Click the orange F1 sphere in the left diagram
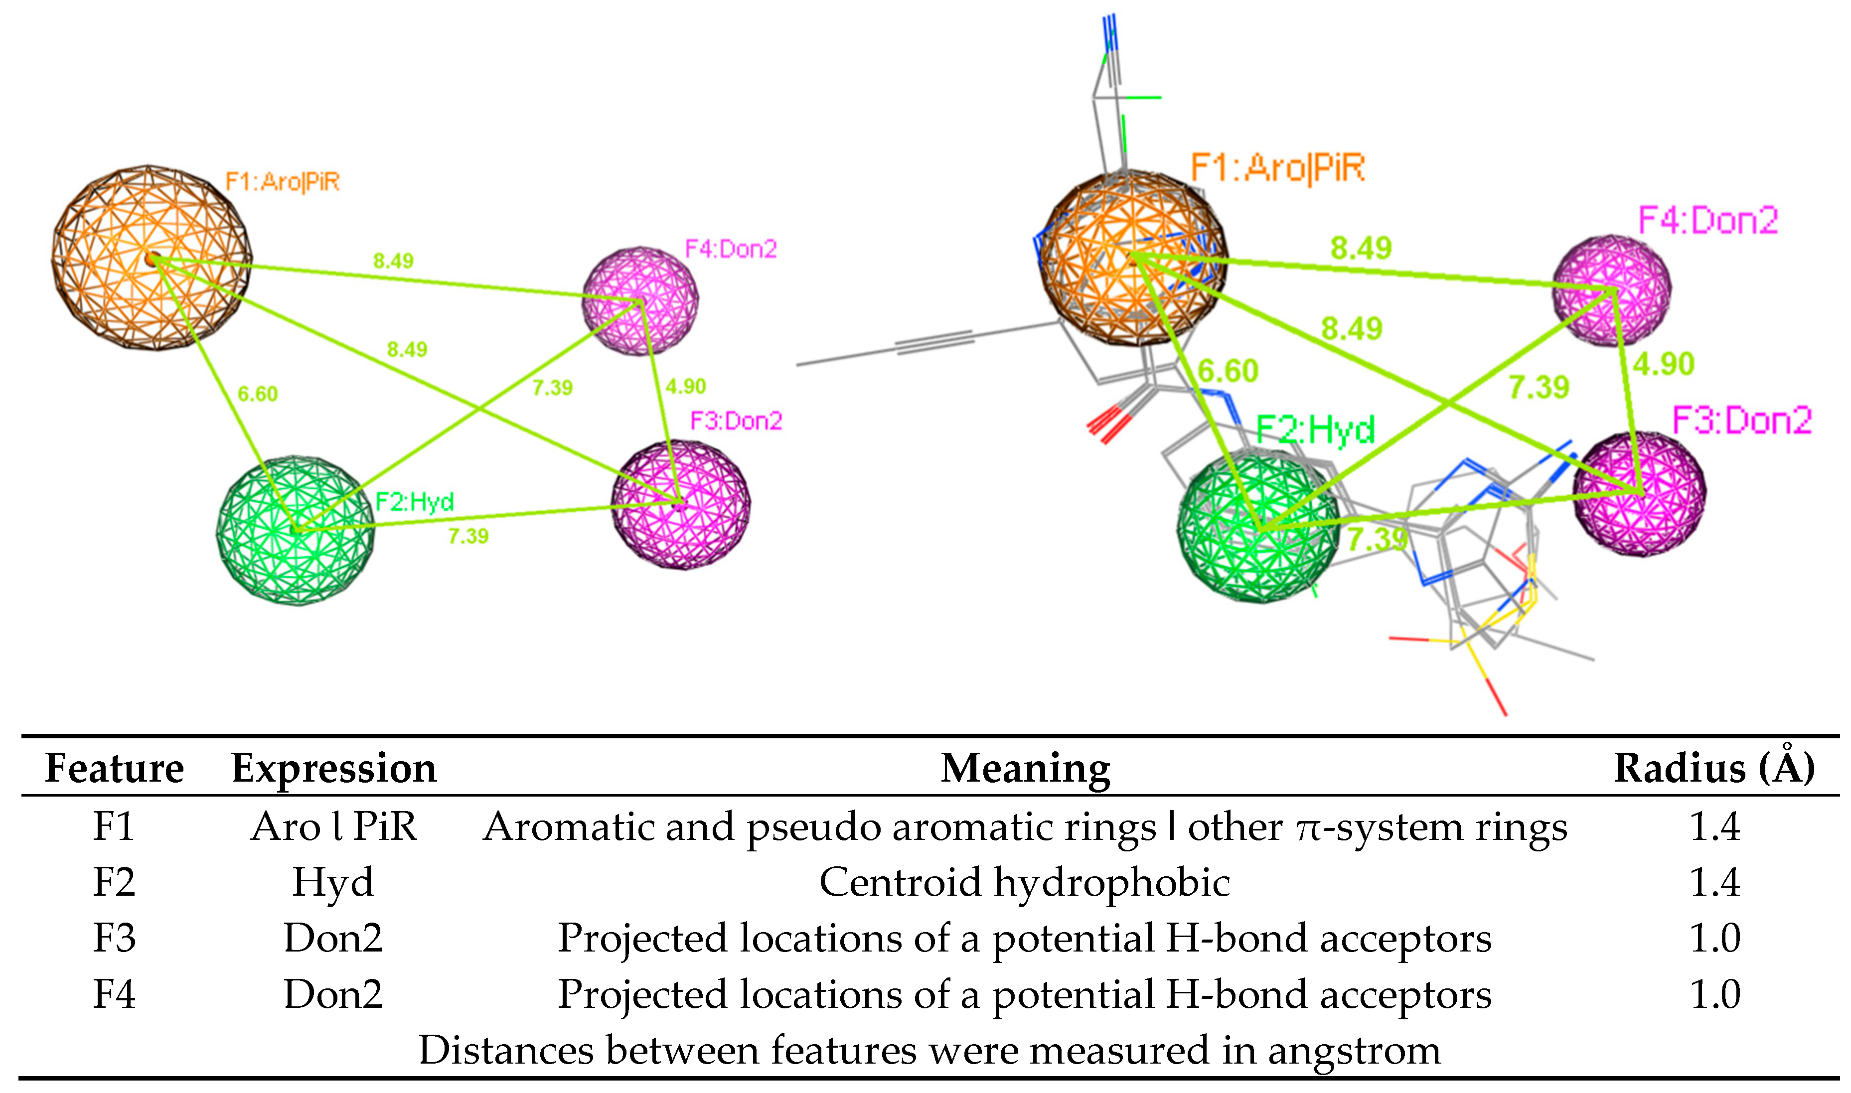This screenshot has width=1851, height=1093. (151, 258)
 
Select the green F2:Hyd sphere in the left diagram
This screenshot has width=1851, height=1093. (295, 530)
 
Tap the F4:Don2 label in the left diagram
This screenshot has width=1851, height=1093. (731, 249)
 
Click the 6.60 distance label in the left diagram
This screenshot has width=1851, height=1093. (257, 394)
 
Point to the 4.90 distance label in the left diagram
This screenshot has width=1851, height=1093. (685, 386)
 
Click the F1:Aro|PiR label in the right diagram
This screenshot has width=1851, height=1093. (1277, 168)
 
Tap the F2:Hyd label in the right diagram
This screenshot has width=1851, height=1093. (1315, 429)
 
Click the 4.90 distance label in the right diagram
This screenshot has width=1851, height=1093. (1663, 364)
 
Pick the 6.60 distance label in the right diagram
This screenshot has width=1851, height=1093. (1228, 371)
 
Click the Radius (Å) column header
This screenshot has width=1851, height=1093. (1714, 768)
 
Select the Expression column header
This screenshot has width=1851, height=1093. (334, 768)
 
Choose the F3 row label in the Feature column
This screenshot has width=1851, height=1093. (114, 938)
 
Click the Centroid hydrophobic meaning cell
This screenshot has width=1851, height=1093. (1024, 882)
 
